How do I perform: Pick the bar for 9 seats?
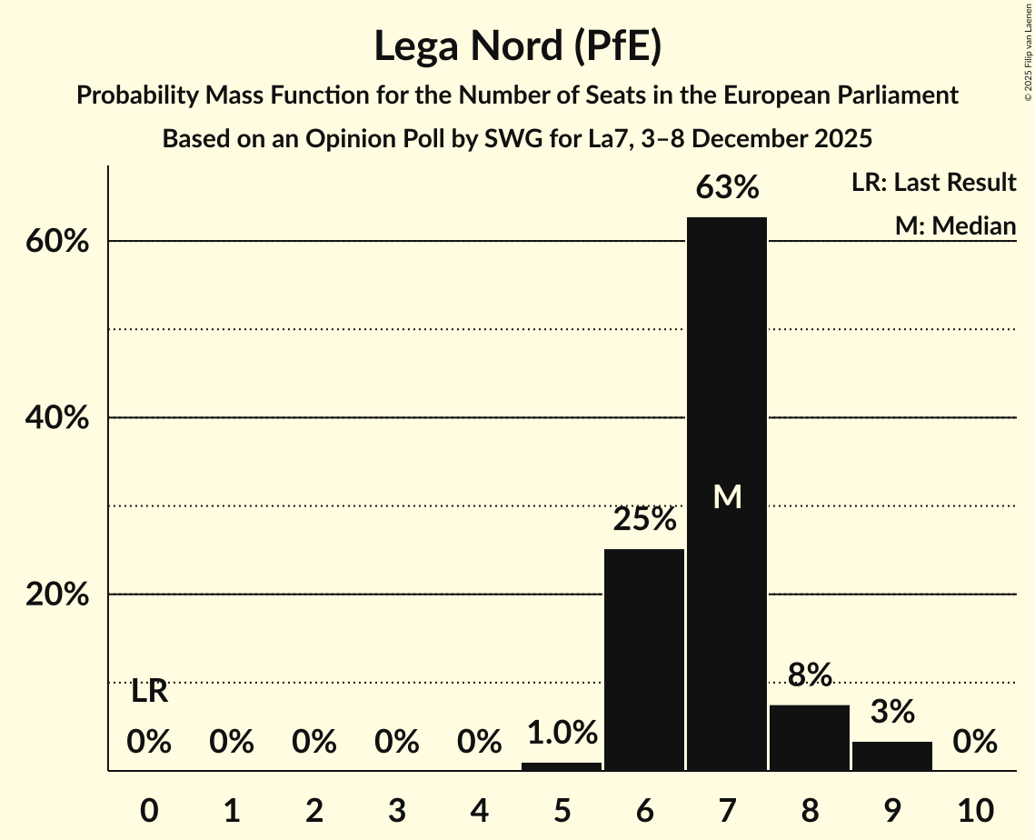[892, 755]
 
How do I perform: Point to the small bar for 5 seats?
[562, 766]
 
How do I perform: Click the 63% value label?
[727, 188]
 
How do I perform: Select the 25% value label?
[644, 520]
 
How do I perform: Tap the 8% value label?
[810, 675]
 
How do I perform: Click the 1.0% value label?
[562, 733]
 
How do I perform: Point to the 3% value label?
[892, 712]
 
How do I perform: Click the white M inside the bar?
[727, 496]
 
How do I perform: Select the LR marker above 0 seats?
[149, 692]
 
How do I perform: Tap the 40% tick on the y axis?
[62, 418]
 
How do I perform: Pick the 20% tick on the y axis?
[62, 595]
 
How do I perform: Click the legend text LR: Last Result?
[933, 183]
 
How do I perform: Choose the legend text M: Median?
[955, 225]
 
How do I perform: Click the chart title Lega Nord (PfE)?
[517, 47]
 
